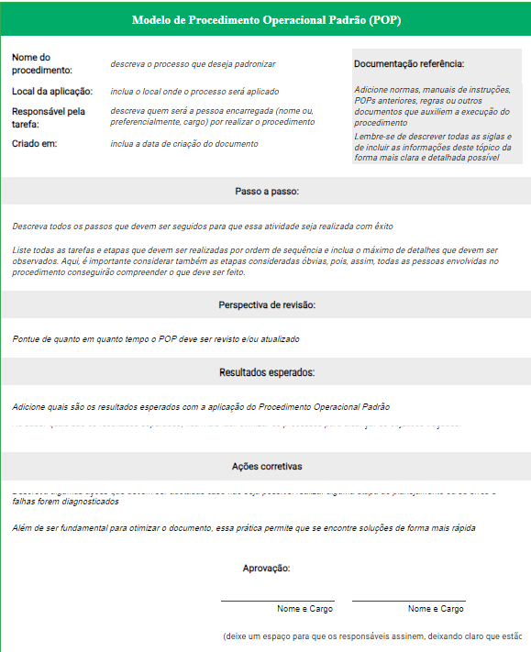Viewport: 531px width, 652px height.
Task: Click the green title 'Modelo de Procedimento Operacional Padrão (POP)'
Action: pos(266,19)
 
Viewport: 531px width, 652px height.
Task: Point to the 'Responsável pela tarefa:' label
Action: pos(49,117)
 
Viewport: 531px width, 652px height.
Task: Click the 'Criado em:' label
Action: pos(35,144)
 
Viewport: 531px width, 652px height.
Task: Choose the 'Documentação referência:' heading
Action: pos(409,64)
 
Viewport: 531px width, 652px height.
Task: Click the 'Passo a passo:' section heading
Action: pos(267,192)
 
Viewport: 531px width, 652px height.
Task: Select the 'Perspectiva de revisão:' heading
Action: pos(267,304)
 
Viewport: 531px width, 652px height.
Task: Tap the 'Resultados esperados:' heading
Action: pos(267,372)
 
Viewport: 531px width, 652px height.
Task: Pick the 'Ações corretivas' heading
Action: pos(267,467)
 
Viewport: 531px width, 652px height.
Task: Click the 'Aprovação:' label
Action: pos(267,569)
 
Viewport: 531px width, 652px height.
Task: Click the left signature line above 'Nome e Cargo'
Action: pos(277,601)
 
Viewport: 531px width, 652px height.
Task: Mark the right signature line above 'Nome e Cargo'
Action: pos(408,601)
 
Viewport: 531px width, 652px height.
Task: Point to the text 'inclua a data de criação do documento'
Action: pos(183,144)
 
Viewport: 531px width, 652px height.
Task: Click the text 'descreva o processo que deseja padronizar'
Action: pos(193,64)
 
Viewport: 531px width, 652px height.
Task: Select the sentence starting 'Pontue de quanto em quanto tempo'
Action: pos(156,338)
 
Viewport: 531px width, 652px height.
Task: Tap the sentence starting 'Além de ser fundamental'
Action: pos(244,527)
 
